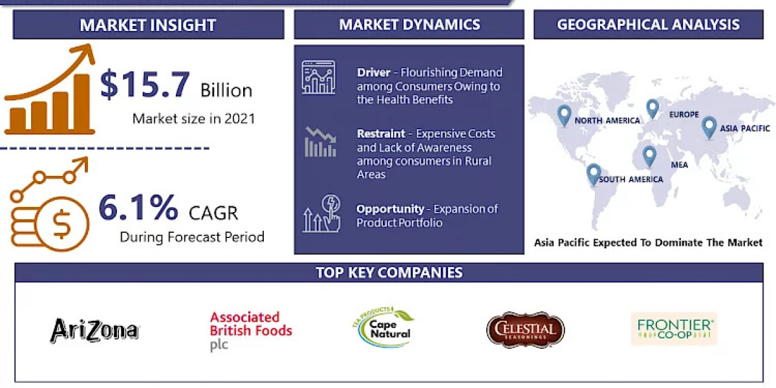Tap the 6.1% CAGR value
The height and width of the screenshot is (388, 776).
coord(138,208)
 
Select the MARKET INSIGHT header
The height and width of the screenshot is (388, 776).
coord(147,25)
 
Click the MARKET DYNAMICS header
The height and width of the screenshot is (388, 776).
coord(409,25)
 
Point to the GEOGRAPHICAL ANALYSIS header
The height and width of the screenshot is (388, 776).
coord(648,25)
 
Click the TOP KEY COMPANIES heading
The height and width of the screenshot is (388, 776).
coord(389,272)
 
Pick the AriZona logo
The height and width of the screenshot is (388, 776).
coord(94,330)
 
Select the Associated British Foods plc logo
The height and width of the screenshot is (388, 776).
coord(250,330)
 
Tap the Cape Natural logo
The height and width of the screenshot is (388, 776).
coord(389,327)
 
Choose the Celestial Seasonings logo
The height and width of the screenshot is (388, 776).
coord(525,330)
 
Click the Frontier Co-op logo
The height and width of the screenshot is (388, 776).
coord(673,329)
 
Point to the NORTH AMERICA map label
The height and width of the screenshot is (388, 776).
coord(607,121)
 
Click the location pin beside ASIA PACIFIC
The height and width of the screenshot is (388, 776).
coord(709,125)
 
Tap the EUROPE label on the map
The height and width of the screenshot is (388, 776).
coord(684,114)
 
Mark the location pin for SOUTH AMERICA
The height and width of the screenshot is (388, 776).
coord(593,173)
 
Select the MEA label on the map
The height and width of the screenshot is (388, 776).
coord(679,165)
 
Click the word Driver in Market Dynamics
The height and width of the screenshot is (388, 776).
coord(373,72)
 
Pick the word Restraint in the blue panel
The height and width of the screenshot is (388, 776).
coord(381,134)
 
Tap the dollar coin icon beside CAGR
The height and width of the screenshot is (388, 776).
coord(62,223)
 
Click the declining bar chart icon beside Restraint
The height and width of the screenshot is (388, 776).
coord(320,142)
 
